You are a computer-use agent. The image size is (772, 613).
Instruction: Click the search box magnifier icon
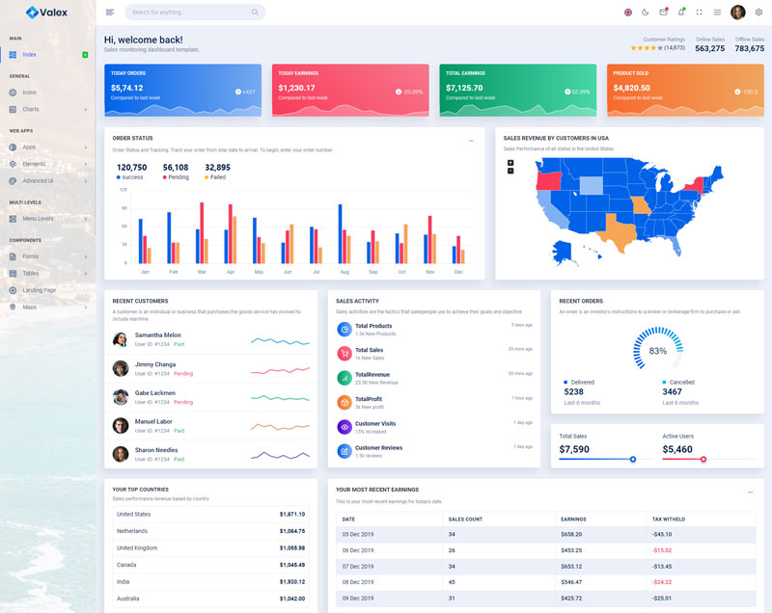pyautogui.click(x=255, y=13)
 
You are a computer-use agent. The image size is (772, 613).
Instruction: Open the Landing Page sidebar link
pyautogui.click(x=39, y=290)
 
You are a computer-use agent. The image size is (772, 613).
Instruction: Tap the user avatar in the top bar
pyautogui.click(x=738, y=13)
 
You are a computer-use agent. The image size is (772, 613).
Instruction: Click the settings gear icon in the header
pyautogui.click(x=758, y=13)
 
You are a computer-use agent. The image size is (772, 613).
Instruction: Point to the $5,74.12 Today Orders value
pyautogui.click(x=126, y=88)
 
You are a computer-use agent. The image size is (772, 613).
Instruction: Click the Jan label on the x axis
pyautogui.click(x=145, y=272)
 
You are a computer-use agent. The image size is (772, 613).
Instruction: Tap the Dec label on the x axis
pyautogui.click(x=458, y=272)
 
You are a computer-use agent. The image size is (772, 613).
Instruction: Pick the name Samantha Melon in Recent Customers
pyautogui.click(x=157, y=335)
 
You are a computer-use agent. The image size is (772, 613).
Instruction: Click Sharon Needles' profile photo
pyautogui.click(x=121, y=454)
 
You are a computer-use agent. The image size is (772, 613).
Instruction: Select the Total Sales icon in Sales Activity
pyautogui.click(x=345, y=353)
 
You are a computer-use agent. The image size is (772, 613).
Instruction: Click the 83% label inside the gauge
pyautogui.click(x=658, y=351)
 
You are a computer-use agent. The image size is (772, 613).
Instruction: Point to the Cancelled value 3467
pyautogui.click(x=672, y=392)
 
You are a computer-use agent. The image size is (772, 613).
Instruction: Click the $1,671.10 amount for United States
pyautogui.click(x=291, y=514)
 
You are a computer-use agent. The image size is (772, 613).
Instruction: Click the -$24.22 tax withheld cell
pyautogui.click(x=662, y=582)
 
